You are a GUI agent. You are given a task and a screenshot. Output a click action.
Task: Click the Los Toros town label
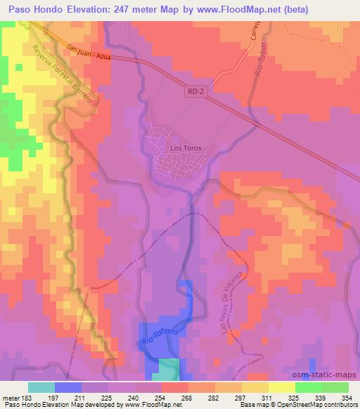coord(186,148)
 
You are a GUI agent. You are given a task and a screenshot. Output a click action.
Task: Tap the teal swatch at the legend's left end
coord(41,387)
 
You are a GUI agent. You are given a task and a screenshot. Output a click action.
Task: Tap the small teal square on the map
coord(168,368)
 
